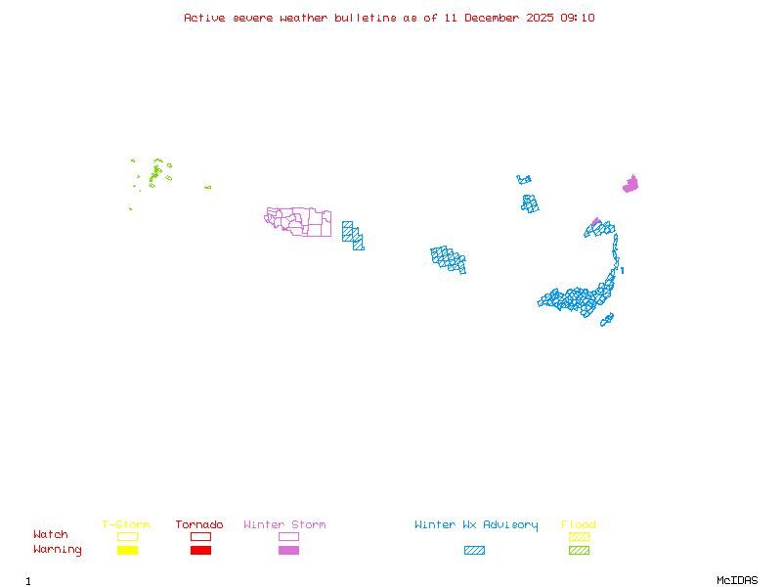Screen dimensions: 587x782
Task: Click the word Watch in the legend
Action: tap(51, 535)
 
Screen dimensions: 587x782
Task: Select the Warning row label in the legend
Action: tap(58, 550)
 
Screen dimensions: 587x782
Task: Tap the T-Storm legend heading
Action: tap(126, 525)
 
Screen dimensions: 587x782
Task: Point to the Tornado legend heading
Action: tap(199, 525)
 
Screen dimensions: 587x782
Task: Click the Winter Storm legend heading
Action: tap(284, 525)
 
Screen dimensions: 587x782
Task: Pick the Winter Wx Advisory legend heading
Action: tap(476, 525)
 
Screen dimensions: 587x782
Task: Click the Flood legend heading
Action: tap(579, 525)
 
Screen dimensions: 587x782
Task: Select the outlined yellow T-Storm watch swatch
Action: tap(127, 536)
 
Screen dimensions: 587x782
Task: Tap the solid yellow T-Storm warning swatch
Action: tap(127, 551)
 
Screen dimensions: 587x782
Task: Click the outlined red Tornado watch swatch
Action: tap(200, 536)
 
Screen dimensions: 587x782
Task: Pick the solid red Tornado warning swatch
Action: tap(200, 551)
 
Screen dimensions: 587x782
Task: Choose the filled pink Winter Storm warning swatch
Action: tap(288, 551)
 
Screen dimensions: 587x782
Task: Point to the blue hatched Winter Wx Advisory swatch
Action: tap(474, 551)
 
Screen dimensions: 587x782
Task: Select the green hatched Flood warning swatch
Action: tap(579, 551)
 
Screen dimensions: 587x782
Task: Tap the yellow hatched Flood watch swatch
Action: tap(579, 536)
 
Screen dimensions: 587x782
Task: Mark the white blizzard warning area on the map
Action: tap(621, 264)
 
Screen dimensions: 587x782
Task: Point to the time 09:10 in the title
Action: tap(579, 18)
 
